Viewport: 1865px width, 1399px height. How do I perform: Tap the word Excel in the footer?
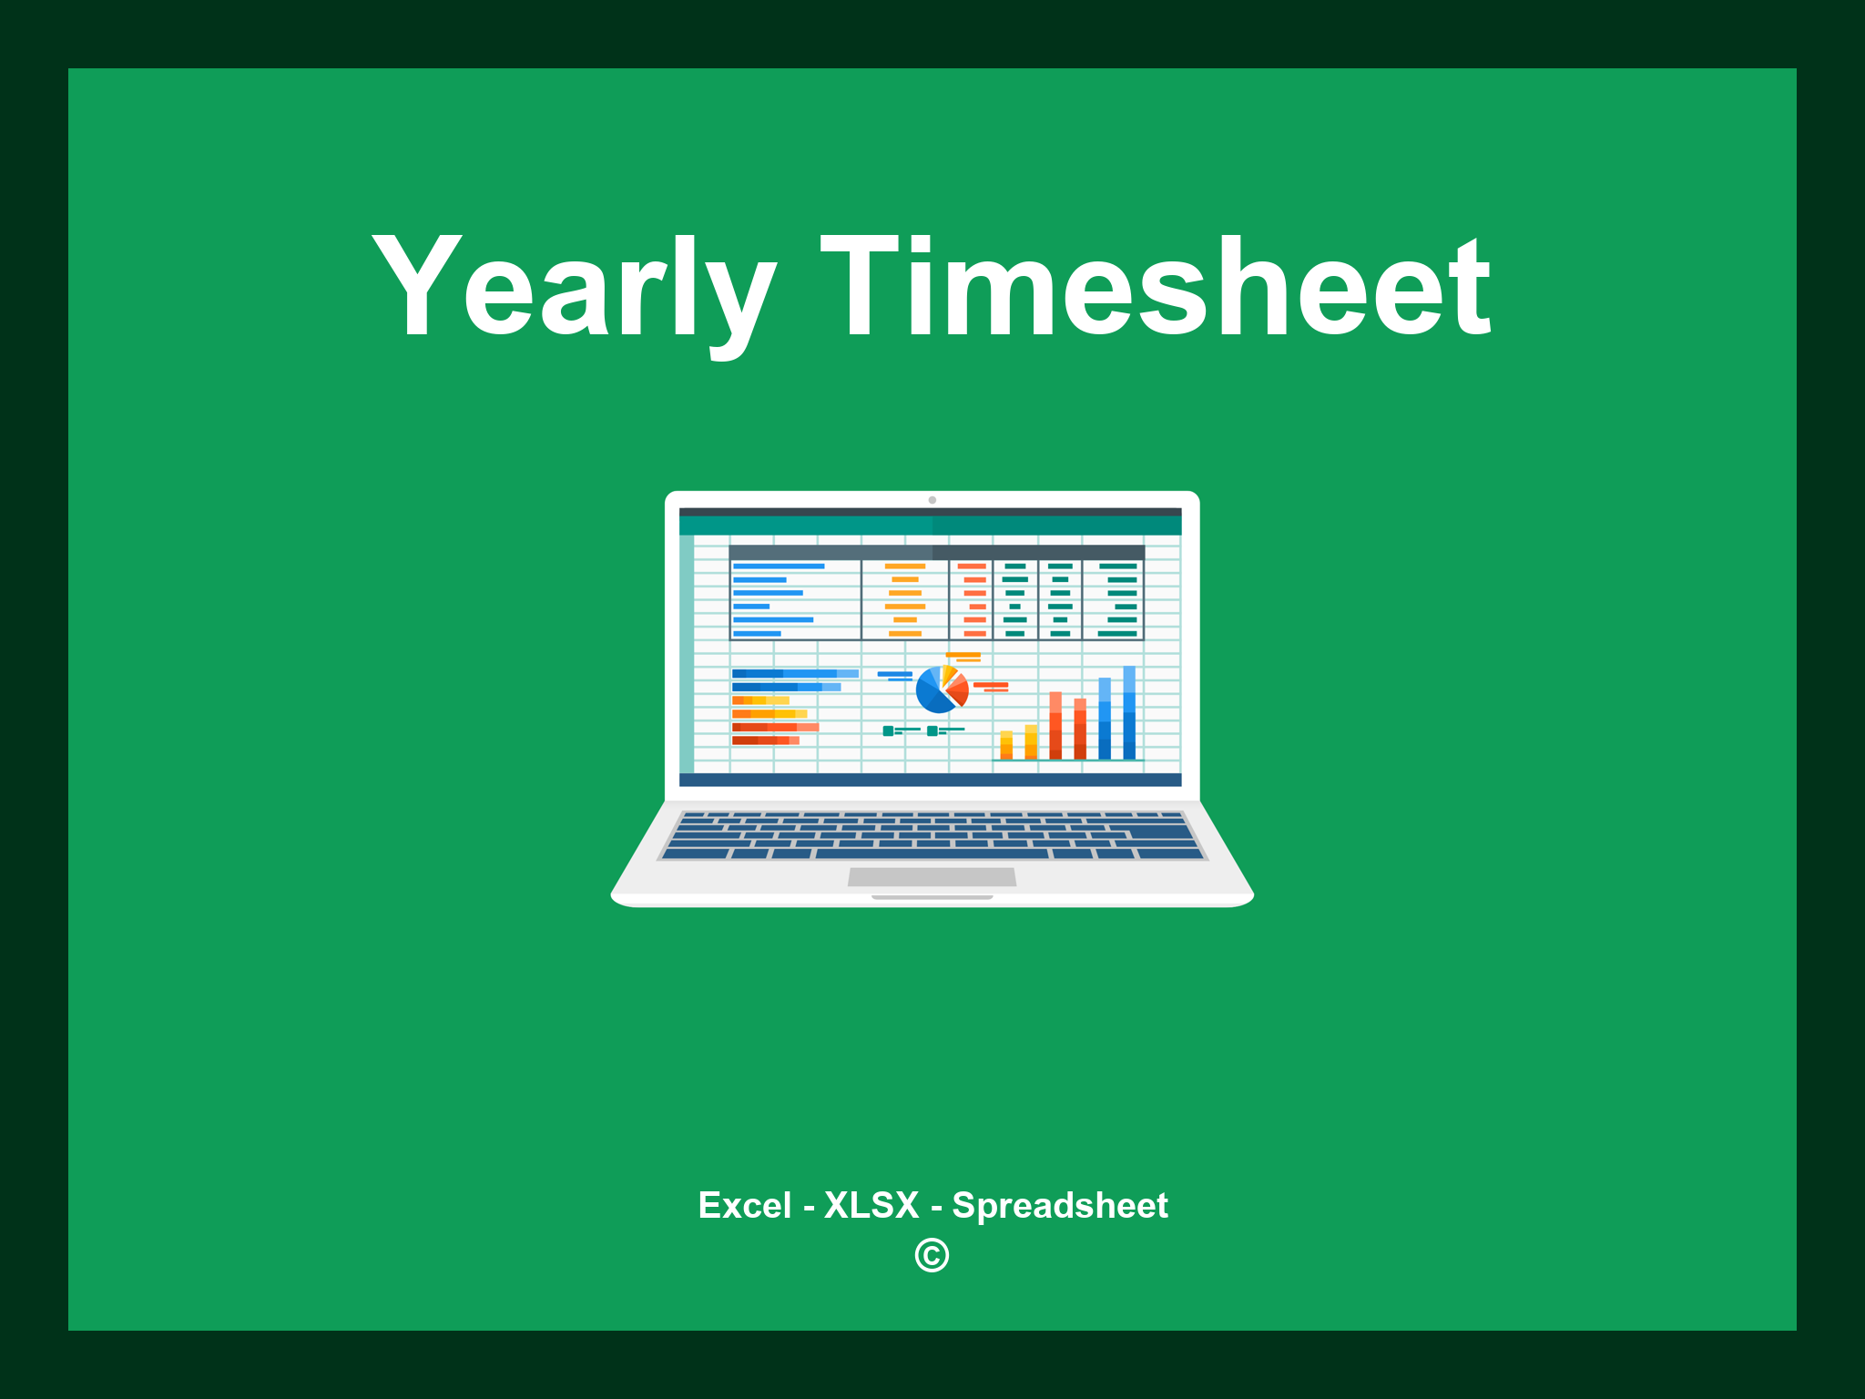click(x=744, y=1205)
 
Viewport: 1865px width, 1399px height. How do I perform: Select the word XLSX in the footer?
click(x=871, y=1205)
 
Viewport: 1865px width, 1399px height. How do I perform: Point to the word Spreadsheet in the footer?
click(x=1059, y=1205)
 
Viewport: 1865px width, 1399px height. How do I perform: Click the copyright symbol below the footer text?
click(x=932, y=1255)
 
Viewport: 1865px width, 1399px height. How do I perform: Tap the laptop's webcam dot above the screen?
click(x=932, y=500)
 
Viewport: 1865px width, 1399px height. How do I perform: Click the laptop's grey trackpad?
click(x=932, y=876)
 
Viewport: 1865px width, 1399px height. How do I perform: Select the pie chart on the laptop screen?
click(x=942, y=689)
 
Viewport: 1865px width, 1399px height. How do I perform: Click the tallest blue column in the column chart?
click(x=1129, y=712)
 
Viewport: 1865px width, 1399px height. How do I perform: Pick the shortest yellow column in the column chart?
click(x=1006, y=744)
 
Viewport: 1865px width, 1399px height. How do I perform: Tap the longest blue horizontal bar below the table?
click(x=795, y=673)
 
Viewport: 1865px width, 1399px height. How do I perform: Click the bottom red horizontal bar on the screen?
click(x=765, y=740)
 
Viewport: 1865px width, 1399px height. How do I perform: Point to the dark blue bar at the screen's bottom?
click(x=930, y=780)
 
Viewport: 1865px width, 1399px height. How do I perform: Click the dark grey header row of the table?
click(x=936, y=552)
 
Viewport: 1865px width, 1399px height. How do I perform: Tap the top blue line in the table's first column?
click(x=779, y=567)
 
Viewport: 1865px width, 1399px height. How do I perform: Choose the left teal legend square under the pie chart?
click(x=888, y=730)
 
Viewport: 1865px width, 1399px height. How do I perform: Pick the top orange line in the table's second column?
click(x=905, y=567)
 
